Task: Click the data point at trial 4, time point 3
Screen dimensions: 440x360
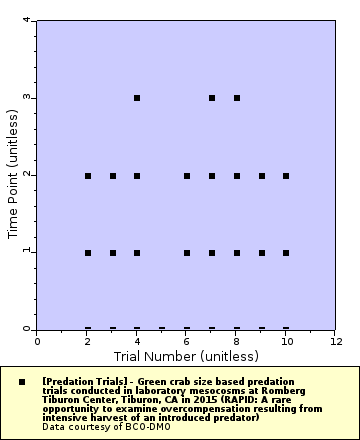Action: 137,98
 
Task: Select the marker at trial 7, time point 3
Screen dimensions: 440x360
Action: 212,98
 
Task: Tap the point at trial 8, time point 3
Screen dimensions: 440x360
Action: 237,98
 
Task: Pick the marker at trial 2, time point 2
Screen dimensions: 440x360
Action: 88,176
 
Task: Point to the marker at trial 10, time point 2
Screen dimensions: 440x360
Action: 286,176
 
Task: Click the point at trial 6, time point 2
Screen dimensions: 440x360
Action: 187,176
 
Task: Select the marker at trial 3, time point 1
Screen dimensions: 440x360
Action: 113,253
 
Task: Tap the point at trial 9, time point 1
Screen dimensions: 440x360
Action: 262,253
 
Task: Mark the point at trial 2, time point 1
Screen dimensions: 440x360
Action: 88,253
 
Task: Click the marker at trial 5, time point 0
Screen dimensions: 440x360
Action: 162,328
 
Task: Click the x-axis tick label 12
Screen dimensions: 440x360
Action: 336,341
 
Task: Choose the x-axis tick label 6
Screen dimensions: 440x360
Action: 187,341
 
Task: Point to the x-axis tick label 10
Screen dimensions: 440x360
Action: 286,341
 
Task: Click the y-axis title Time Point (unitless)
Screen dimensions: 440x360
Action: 14,175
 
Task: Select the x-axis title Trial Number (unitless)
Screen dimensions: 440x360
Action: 187,355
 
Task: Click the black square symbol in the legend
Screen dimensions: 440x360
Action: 22,381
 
